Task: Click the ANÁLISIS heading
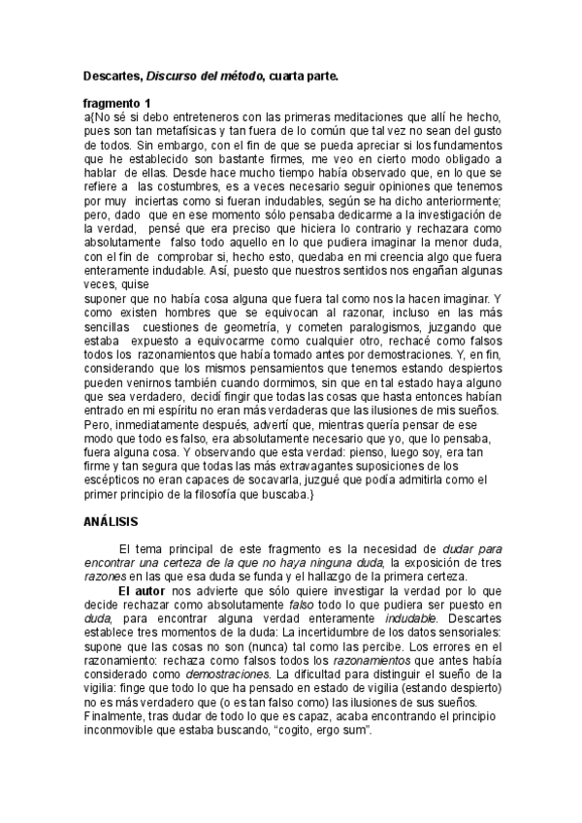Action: pos(113,522)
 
